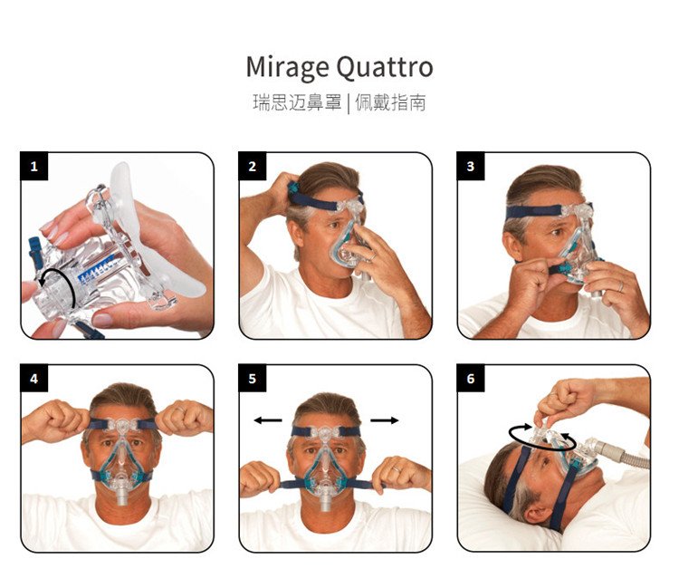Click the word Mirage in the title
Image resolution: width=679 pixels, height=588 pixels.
point(287,68)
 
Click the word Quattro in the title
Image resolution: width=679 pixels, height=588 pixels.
point(385,67)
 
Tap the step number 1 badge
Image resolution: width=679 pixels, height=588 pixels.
point(33,166)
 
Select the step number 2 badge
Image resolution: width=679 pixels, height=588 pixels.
point(252,166)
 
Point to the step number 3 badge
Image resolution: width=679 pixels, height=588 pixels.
point(470,166)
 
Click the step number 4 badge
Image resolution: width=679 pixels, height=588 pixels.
point(33,379)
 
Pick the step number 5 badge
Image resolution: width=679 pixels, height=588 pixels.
point(252,379)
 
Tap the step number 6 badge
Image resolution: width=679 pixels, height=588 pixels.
point(470,379)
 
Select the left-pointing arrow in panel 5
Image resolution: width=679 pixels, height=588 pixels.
point(268,419)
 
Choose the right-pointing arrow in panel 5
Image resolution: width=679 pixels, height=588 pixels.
point(385,419)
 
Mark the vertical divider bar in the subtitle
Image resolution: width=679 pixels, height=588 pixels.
point(349,104)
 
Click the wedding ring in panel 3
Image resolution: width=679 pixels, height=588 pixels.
point(621,286)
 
